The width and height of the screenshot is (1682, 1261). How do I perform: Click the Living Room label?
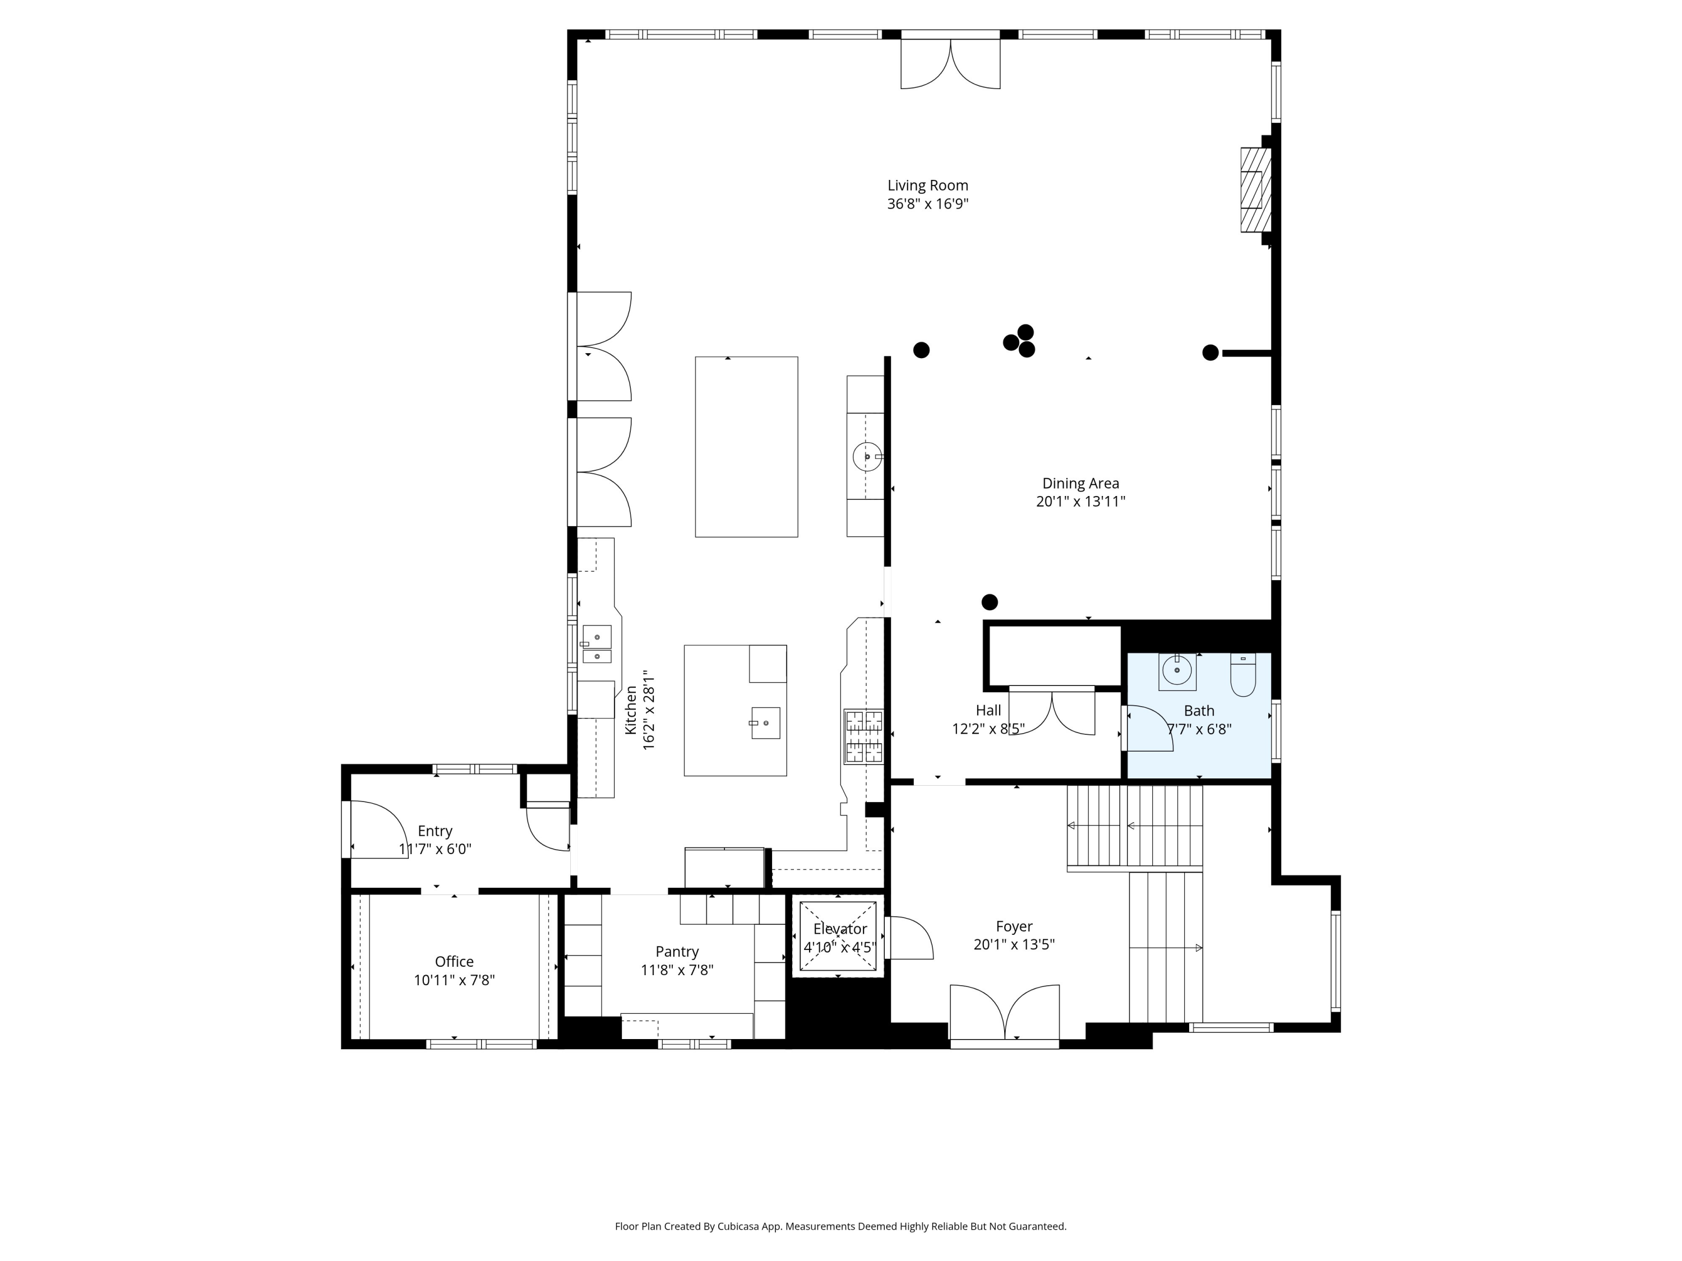[x=928, y=186]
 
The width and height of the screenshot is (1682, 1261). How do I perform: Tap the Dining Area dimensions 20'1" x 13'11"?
[x=1080, y=502]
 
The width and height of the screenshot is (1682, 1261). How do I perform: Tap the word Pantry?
[x=677, y=952]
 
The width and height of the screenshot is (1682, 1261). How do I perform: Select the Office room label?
[x=454, y=962]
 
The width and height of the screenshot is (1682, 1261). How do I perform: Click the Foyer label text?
[x=1014, y=926]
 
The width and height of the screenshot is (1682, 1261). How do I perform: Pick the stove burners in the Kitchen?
[x=864, y=736]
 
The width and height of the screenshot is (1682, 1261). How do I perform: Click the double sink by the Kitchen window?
[x=597, y=645]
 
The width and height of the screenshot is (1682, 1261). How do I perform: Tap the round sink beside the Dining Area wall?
[x=867, y=457]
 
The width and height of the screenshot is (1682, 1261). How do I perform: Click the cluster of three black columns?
[x=1019, y=341]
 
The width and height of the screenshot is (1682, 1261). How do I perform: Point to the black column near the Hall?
[x=989, y=602]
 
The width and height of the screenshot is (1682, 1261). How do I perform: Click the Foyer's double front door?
[x=1005, y=1013]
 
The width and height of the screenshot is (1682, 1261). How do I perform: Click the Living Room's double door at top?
[x=950, y=64]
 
